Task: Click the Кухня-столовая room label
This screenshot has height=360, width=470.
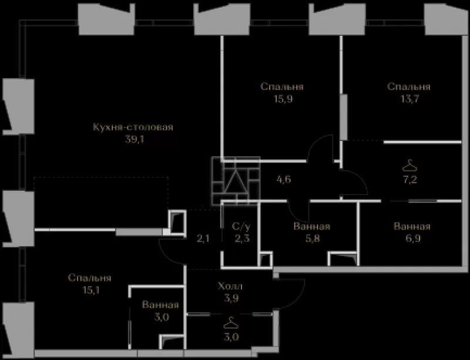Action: [133, 127]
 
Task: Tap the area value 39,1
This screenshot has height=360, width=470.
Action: [135, 139]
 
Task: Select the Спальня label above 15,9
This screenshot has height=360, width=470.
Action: [282, 87]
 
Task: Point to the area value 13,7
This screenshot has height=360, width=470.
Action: [409, 99]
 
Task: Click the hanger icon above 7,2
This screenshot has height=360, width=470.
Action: [409, 166]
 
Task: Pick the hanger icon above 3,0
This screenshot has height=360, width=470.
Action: [231, 323]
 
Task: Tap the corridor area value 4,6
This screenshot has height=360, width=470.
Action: [284, 180]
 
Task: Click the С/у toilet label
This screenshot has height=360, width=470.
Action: [241, 227]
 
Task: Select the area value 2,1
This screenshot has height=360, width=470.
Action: [203, 239]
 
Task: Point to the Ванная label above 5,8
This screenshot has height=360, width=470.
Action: [312, 226]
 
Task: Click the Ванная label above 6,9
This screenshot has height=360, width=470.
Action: [412, 226]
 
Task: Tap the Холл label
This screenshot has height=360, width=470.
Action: [230, 286]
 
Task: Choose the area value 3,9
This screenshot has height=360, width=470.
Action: [231, 298]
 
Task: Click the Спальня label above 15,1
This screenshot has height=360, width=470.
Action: [90, 278]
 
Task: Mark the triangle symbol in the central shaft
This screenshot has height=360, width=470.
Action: [236, 181]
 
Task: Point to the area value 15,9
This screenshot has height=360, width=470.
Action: [283, 99]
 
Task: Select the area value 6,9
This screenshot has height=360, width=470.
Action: [412, 239]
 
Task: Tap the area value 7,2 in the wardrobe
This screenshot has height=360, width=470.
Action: [410, 180]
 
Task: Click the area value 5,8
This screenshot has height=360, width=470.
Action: [313, 239]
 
